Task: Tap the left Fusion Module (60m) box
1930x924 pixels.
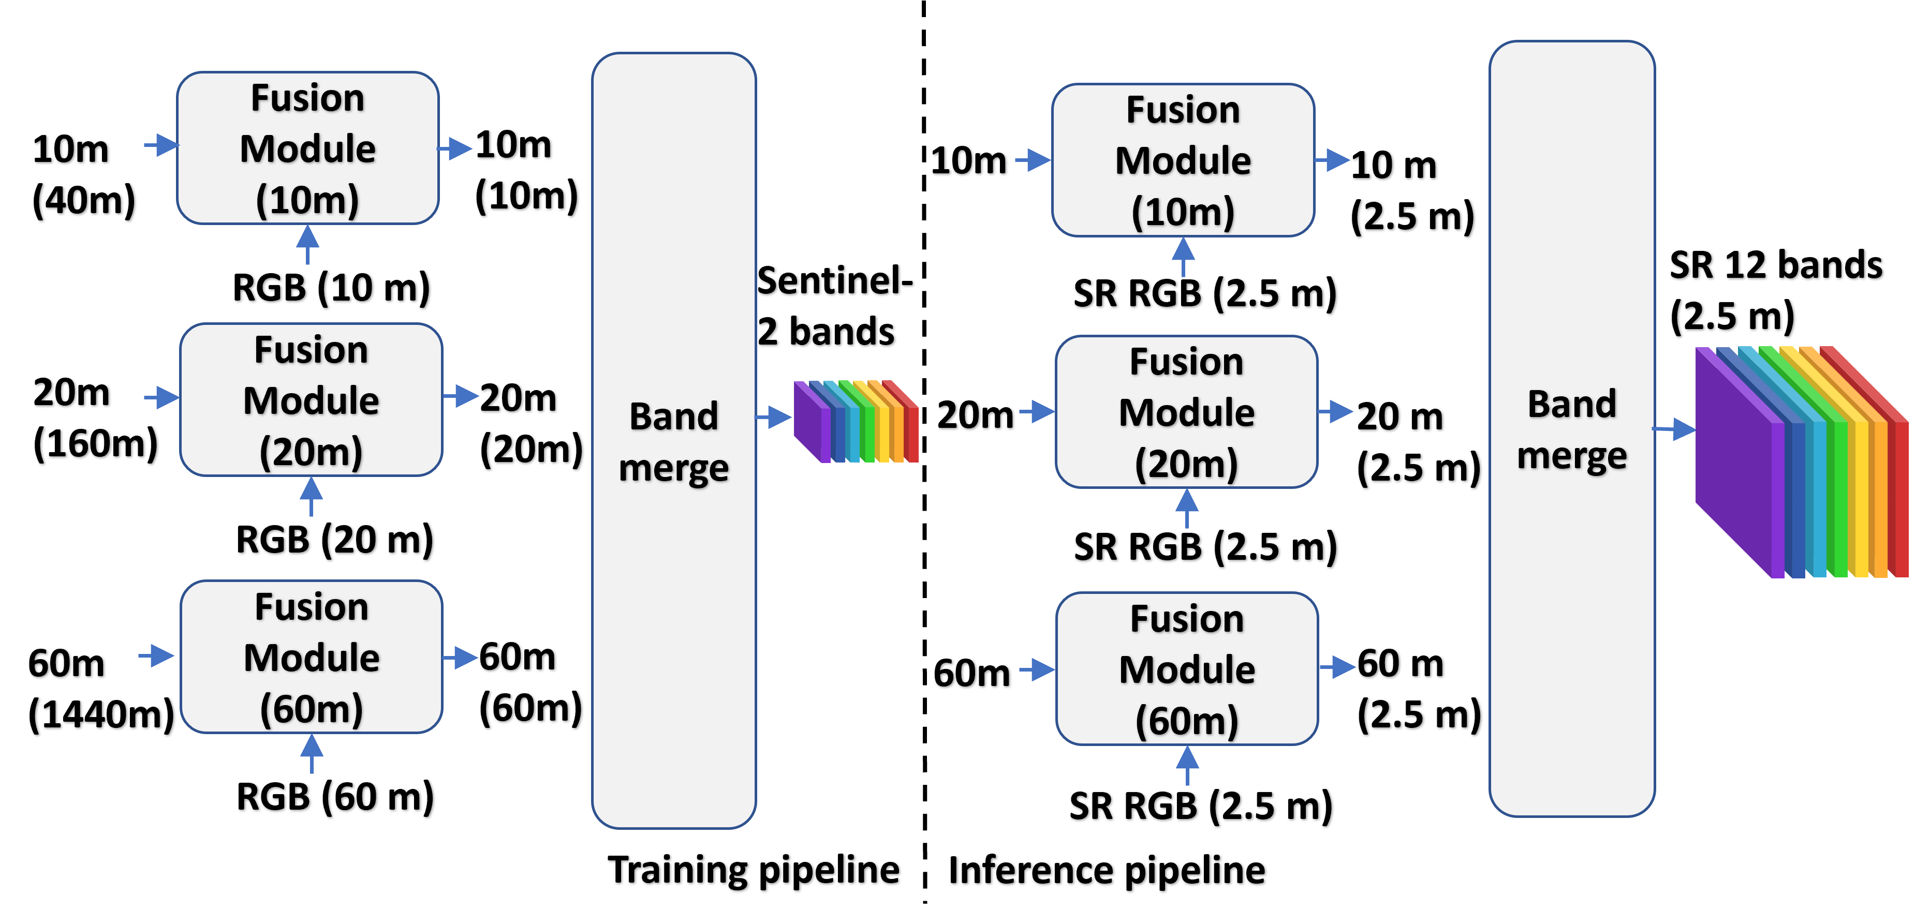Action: tap(311, 657)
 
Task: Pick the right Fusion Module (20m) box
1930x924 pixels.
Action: tap(1186, 411)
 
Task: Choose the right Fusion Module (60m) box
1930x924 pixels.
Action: tap(1187, 668)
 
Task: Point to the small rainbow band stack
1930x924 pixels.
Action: tap(856, 422)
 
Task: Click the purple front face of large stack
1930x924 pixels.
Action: tap(1734, 464)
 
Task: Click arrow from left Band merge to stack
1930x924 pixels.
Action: tap(774, 416)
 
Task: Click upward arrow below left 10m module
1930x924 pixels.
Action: tap(307, 244)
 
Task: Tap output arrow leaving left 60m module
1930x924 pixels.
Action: tap(461, 658)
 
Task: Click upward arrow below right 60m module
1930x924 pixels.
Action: tap(1187, 765)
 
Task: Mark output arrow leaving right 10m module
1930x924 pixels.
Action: tap(1333, 159)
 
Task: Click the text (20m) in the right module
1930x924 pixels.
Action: tap(1186, 464)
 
